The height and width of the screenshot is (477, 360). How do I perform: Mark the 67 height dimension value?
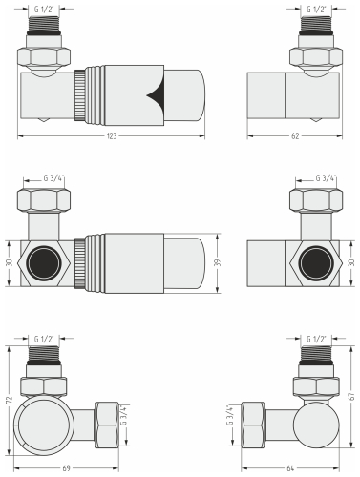(x=351, y=396)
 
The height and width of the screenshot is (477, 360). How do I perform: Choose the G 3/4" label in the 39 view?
(x=58, y=177)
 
